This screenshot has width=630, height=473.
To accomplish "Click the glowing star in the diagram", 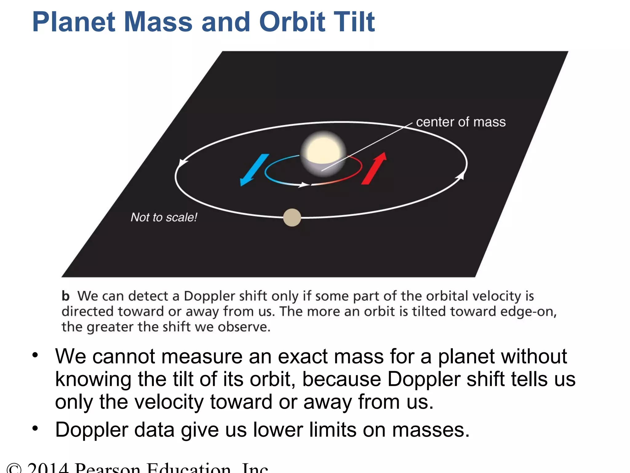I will click(323, 153).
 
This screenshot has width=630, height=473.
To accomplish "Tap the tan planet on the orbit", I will click(292, 217).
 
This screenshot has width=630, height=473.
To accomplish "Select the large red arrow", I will click(374, 168).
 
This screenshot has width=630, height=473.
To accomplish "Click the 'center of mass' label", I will click(461, 122).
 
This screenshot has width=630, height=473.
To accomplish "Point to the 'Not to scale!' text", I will click(164, 217).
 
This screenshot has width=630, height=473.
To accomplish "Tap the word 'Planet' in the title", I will click(74, 22).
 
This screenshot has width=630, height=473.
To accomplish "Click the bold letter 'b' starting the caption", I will click(66, 296).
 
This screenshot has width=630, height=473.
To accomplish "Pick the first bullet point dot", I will click(35, 355).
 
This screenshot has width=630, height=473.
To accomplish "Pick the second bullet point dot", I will click(35, 428).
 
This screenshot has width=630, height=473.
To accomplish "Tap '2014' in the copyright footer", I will click(48, 468).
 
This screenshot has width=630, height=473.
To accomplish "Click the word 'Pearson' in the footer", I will click(108, 468).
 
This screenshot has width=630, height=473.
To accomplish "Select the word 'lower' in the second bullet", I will click(278, 430).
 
